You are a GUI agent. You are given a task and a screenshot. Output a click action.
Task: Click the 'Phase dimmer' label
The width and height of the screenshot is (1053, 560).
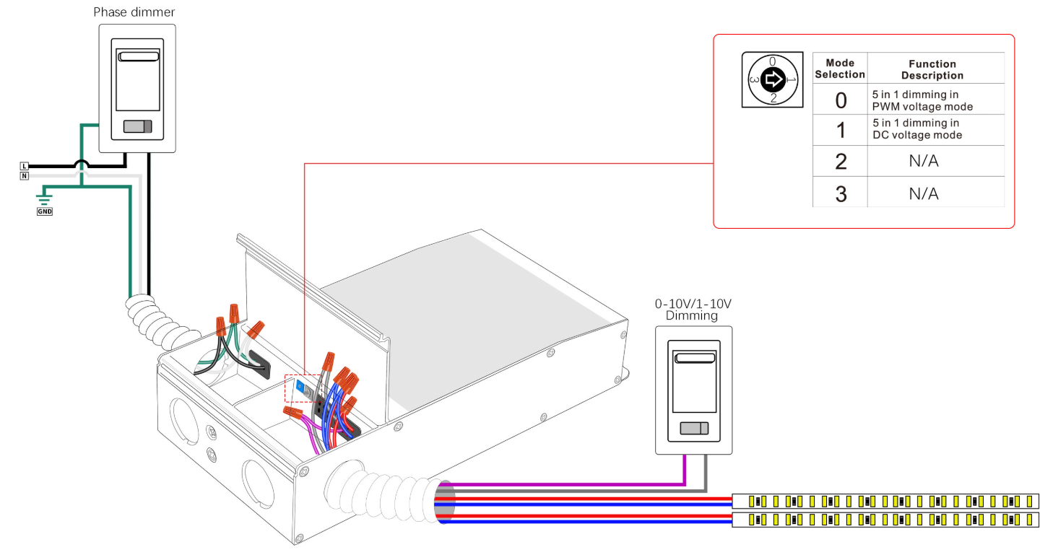click(134, 12)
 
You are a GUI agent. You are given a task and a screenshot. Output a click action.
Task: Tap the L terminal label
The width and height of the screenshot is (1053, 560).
click(25, 166)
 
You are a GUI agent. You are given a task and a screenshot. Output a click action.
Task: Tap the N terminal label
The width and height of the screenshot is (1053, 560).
click(25, 175)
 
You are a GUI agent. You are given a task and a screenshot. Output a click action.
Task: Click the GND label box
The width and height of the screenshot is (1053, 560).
click(45, 211)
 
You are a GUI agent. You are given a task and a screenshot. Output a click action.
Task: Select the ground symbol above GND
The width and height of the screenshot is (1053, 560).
click(44, 199)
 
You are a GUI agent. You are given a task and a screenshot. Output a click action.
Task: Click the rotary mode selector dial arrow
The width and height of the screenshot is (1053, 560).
click(773, 79)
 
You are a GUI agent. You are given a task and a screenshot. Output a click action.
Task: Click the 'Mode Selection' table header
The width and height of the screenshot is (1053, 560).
click(840, 69)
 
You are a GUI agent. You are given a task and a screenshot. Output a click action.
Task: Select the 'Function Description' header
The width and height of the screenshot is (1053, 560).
click(932, 69)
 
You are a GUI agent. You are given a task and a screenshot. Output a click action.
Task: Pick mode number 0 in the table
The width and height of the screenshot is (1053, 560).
click(841, 100)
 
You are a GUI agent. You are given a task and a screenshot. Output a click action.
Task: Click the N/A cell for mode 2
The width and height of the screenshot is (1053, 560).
click(924, 161)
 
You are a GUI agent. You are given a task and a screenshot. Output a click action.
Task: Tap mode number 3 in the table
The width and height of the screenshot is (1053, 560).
click(841, 194)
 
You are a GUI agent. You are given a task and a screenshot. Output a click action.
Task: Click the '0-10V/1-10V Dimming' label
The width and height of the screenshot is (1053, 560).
click(693, 310)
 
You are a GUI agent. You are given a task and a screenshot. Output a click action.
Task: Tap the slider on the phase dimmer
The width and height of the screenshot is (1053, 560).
click(138, 126)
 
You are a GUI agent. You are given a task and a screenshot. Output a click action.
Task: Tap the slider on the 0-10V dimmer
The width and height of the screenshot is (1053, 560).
click(694, 428)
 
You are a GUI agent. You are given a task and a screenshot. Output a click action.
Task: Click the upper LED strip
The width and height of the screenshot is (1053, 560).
click(885, 502)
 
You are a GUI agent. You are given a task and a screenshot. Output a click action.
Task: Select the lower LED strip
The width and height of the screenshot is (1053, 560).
click(885, 520)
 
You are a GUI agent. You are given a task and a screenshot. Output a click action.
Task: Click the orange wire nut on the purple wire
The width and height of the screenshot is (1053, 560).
click(293, 413)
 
